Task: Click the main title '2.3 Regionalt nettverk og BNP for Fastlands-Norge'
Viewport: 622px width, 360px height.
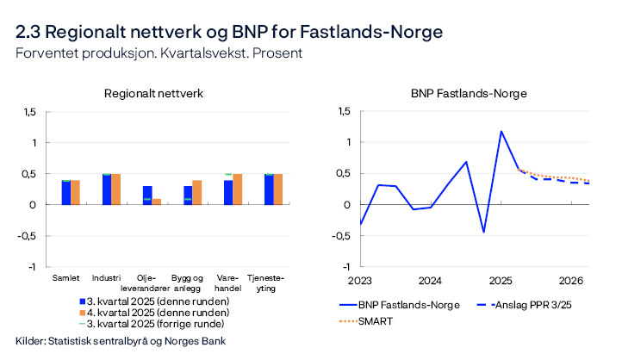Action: coord(229,32)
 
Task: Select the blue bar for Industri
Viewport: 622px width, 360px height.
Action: coord(107,189)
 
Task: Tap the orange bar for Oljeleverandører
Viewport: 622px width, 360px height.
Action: coord(157,202)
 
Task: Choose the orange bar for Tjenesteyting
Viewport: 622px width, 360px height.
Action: coord(278,189)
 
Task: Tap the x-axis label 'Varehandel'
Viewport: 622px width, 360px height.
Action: coord(228,282)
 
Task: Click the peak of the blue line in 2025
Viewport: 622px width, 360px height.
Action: coord(501,132)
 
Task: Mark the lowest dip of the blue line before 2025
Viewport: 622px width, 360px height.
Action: coord(483,232)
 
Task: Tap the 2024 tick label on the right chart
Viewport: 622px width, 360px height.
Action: coord(430,281)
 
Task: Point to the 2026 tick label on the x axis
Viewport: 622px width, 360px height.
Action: coord(571,281)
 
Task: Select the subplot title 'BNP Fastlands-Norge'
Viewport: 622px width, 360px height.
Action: coord(468,93)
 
